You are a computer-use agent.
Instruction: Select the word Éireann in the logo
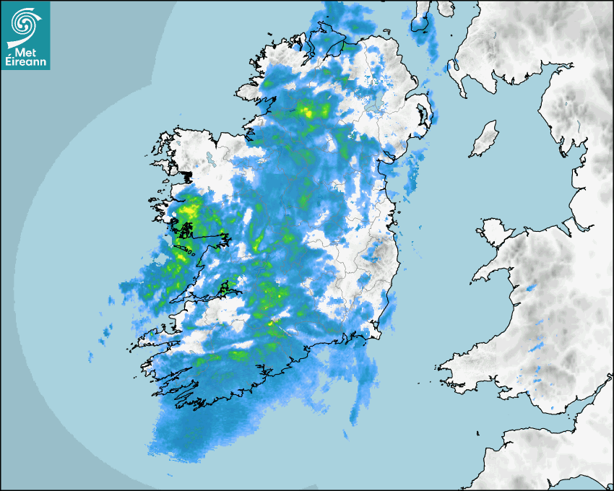coord(25,63)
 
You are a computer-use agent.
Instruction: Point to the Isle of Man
coord(484,139)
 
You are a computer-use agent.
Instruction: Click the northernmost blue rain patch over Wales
coord(532,288)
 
